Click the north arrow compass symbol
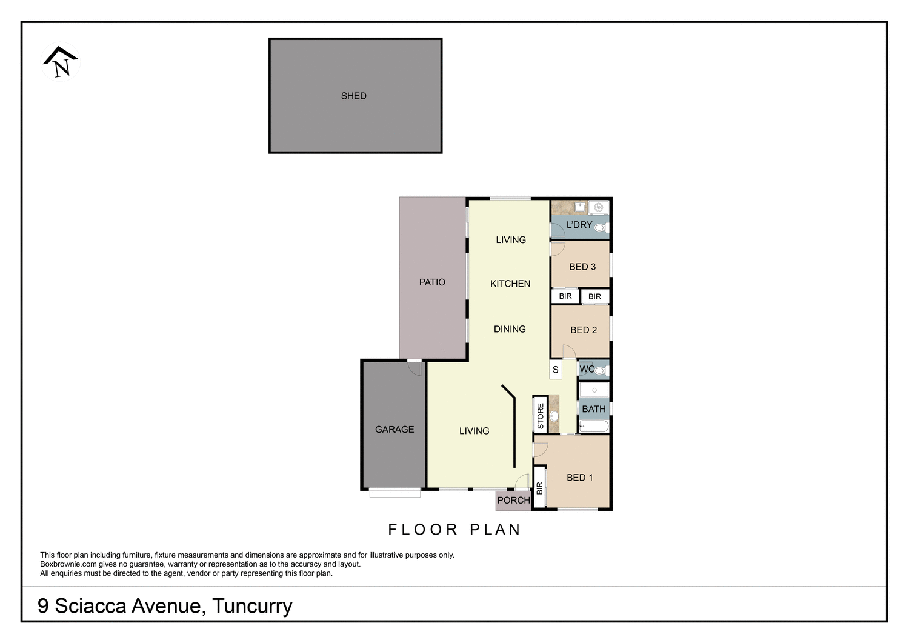[60, 62]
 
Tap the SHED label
[353, 96]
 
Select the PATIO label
[432, 282]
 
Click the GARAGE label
[395, 429]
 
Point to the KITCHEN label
[510, 284]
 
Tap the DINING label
[510, 329]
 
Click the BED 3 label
[582, 267]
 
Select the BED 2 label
[584, 330]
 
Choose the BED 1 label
[580, 478]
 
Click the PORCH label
[513, 501]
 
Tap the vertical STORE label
[541, 416]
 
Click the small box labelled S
[556, 370]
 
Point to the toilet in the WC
[600, 370]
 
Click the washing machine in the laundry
[598, 207]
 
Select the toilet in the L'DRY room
[600, 228]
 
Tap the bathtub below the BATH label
[594, 426]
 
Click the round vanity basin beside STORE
[554, 416]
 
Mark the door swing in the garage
[415, 367]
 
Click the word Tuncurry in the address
[252, 606]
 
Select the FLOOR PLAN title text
[454, 530]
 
